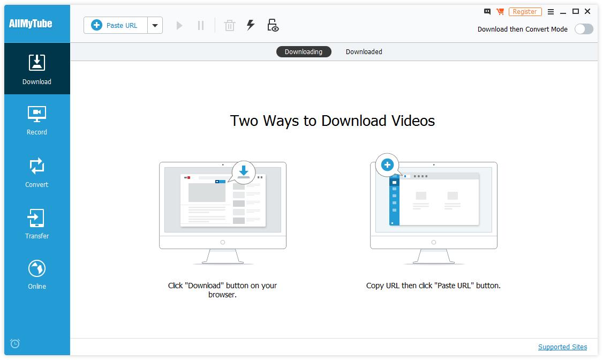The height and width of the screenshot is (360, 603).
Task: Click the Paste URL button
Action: [116, 25]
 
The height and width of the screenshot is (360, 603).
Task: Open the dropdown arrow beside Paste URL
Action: [155, 25]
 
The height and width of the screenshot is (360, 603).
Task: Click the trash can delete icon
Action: [230, 25]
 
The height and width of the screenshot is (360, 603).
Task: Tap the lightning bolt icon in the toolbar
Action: [250, 25]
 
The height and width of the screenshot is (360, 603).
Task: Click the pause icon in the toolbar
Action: [201, 25]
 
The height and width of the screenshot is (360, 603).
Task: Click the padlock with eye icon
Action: [273, 25]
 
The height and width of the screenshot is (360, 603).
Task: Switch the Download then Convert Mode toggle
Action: [583, 29]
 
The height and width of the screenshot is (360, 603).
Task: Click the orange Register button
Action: [525, 12]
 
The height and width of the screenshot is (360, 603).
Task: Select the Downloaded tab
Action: [364, 52]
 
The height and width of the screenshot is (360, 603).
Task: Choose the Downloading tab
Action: [304, 52]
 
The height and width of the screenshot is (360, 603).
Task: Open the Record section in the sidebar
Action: [37, 120]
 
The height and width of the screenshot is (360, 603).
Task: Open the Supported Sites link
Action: [562, 347]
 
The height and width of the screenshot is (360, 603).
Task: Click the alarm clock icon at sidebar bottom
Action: [15, 343]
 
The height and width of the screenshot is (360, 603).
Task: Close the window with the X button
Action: [587, 11]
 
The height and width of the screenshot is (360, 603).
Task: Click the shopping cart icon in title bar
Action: [500, 11]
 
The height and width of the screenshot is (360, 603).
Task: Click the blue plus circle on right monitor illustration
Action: [387, 165]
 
